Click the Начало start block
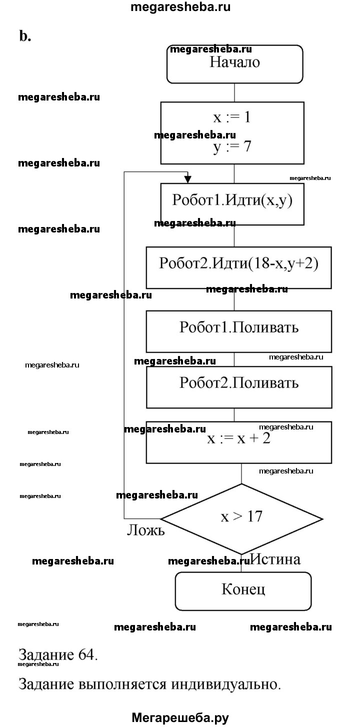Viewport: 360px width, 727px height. (234, 63)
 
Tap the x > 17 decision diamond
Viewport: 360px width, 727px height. (241, 517)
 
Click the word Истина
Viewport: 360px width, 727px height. (276, 559)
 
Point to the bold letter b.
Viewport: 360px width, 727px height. (25, 36)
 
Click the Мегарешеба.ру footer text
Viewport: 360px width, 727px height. (180, 717)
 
